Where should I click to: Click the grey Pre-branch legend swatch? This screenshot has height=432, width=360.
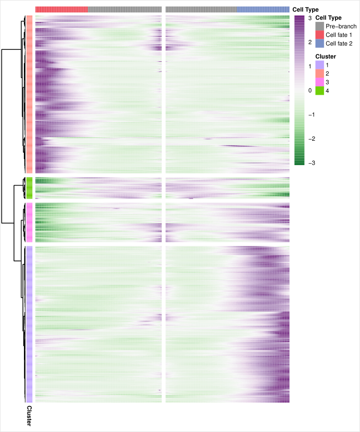coord(320,26)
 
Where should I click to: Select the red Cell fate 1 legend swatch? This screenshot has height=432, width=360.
coord(320,35)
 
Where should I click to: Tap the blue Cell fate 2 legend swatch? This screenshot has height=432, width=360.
coord(320,44)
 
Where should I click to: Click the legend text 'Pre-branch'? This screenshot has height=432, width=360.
coord(341,26)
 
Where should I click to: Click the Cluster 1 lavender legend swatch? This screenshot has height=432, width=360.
coord(320,65)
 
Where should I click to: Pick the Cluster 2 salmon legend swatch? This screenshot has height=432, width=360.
coord(320,73)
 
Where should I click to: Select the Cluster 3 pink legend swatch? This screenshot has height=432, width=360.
coord(320,82)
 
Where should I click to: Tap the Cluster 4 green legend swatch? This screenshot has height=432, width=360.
coord(320,91)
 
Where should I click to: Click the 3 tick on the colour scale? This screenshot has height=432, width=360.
coord(310,18)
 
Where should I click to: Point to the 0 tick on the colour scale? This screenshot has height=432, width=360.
coord(310,91)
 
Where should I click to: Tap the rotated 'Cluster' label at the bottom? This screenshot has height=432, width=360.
coord(29,416)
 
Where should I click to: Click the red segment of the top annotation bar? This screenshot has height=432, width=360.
coord(61,9)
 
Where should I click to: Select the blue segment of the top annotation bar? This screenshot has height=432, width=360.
coord(263,9)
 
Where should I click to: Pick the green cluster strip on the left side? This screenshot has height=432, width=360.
coord(29,188)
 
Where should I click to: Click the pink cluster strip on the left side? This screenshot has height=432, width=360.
coord(29,222)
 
